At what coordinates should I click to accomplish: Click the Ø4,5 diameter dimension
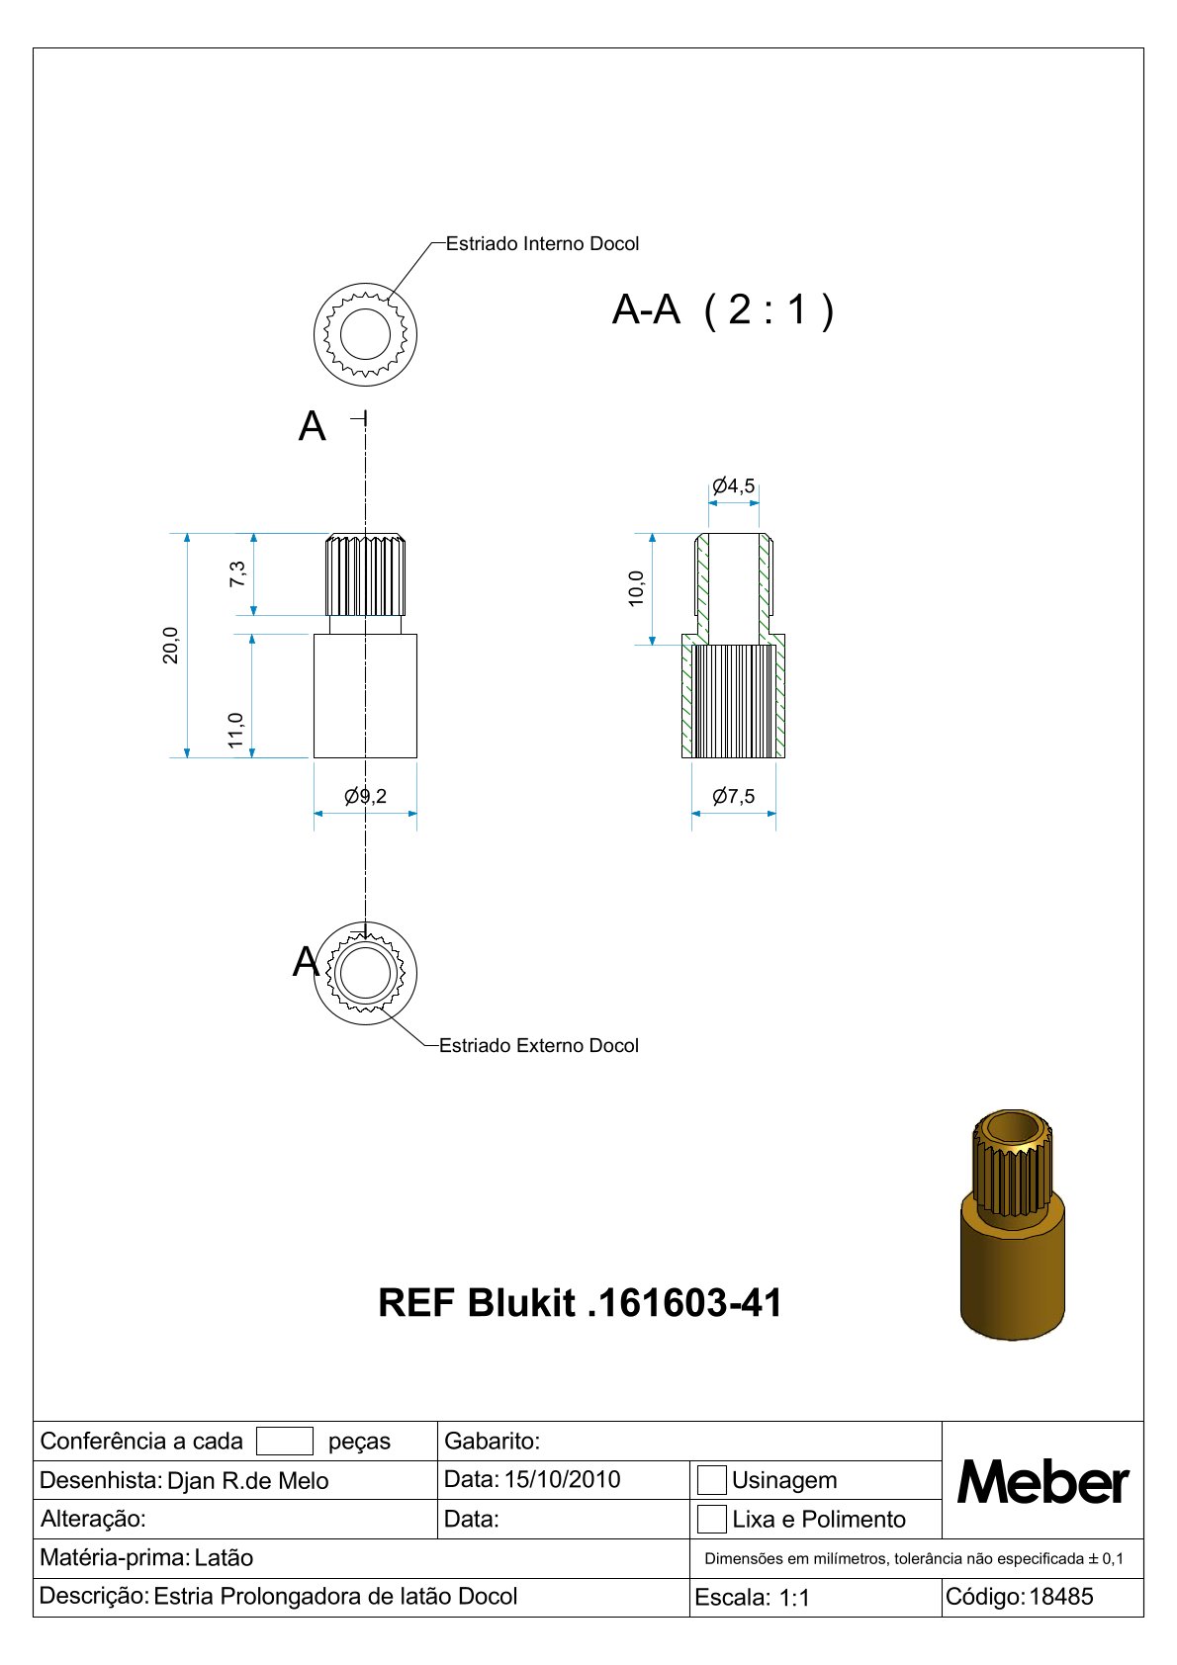tap(733, 486)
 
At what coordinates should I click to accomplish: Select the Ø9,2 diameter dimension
tap(365, 796)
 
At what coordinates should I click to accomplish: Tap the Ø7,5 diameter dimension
tap(733, 796)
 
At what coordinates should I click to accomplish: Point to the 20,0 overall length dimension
tap(170, 646)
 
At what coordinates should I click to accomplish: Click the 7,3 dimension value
tap(237, 573)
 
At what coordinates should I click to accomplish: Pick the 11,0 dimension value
tap(235, 731)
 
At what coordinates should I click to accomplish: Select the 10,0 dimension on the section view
tap(636, 588)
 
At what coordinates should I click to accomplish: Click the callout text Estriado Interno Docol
tap(542, 244)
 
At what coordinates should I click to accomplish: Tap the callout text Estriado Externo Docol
tap(538, 1045)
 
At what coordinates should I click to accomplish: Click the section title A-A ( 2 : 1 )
tap(723, 309)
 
